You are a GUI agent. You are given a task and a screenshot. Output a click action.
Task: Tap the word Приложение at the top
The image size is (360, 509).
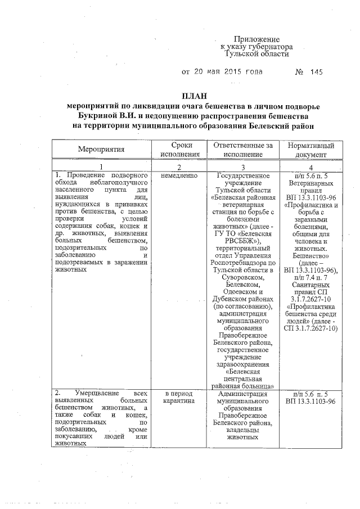coord(257,39)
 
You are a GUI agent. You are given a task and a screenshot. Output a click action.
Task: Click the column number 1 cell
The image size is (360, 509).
coord(101,166)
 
